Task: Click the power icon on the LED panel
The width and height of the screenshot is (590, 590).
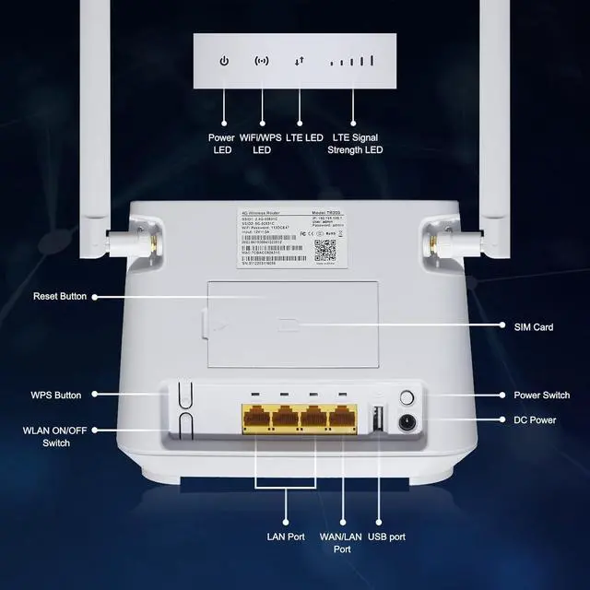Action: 223,62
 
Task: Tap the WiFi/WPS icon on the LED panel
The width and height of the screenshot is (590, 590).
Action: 263,62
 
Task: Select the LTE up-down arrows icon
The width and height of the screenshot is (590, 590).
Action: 299,62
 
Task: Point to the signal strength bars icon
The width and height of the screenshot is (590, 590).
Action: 355,62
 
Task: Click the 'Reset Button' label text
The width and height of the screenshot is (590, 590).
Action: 60,297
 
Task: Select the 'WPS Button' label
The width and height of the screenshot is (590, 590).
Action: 55,395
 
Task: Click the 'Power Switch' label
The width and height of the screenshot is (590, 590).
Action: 541,395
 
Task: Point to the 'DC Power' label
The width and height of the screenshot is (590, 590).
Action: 534,420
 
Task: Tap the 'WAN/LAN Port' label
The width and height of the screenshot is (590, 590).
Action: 342,542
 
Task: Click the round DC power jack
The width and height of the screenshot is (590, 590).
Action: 406,424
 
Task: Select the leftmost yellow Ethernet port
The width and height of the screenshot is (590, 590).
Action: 256,420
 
